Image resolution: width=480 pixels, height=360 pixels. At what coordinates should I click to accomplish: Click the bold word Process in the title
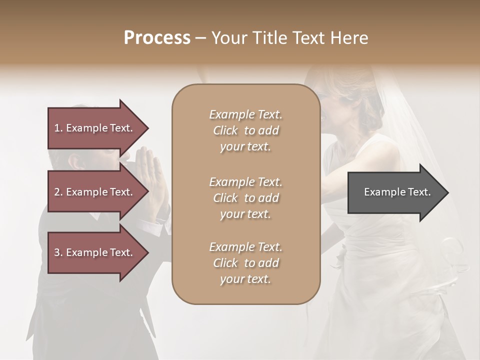point(157,38)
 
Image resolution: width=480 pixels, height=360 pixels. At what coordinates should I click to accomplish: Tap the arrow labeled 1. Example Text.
point(95,128)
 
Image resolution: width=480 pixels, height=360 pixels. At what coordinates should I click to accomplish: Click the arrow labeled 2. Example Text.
point(95,192)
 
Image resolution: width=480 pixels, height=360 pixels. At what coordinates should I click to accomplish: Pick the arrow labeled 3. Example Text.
point(95,252)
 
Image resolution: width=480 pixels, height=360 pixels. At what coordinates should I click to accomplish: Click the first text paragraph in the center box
point(245,130)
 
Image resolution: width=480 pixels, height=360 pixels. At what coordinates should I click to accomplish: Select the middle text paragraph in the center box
point(245,198)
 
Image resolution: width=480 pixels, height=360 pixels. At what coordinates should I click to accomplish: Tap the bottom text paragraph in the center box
point(245,263)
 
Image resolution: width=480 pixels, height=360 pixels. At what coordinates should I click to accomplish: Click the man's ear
point(75,161)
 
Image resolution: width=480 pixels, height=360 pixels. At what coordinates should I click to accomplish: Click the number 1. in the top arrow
point(58,128)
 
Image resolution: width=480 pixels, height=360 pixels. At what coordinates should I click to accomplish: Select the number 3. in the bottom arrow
point(58,252)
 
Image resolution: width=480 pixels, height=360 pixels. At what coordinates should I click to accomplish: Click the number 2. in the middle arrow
point(58,192)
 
